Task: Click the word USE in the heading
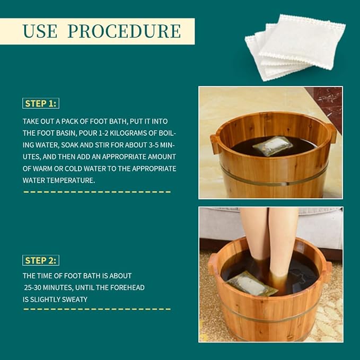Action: [x=39, y=31]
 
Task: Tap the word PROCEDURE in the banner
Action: [x=124, y=31]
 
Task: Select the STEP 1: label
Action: [x=41, y=103]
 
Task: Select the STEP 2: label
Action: [x=41, y=260]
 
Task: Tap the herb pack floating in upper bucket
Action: [x=272, y=146]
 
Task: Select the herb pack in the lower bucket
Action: [x=252, y=284]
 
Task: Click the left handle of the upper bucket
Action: [x=215, y=143]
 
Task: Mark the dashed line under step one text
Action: [x=96, y=191]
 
